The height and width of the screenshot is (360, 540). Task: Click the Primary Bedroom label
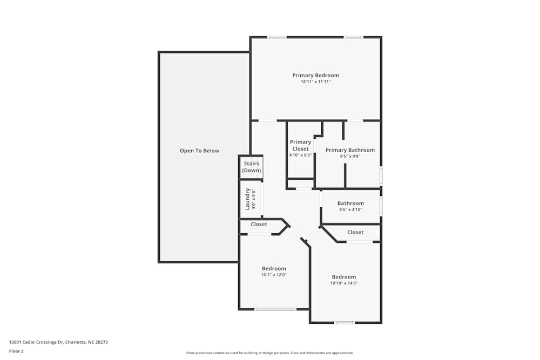pos(315,75)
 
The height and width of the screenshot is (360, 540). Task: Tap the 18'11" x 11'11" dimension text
pos(315,82)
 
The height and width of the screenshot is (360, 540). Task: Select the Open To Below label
pos(199,151)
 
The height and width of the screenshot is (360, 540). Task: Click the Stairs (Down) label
pos(251,167)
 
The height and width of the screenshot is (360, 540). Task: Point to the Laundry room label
pos(248,199)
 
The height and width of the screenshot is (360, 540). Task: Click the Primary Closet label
pos(300,145)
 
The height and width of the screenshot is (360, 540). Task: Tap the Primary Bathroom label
pos(350,150)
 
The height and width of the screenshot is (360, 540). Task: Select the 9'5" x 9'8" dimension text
pos(350,157)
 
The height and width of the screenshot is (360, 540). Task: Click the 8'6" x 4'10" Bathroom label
pos(350,203)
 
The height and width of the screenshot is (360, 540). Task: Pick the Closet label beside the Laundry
pos(259,224)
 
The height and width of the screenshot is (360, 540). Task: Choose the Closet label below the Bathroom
pos(355,232)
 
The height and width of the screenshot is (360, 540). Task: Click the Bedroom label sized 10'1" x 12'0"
pos(274,268)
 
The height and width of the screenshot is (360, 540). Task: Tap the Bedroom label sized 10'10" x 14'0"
pos(344,277)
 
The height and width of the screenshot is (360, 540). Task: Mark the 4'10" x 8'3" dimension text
pos(300,155)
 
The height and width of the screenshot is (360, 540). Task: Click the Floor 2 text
pos(16,351)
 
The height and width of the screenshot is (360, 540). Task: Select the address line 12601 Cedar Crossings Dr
pos(54,342)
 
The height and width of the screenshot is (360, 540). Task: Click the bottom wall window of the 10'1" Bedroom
pos(275,309)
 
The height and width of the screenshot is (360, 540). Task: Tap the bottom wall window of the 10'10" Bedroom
pos(344,323)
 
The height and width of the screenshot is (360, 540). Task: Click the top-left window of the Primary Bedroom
pos(277,37)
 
